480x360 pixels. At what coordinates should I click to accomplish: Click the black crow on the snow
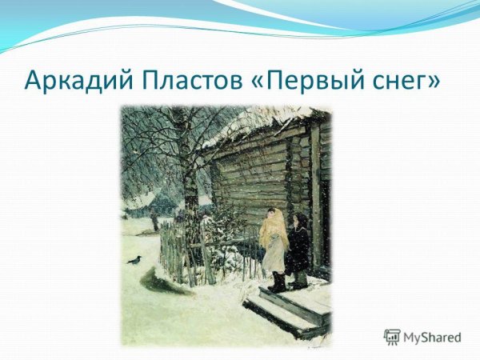tap(134, 259)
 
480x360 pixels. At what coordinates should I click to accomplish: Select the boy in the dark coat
tap(298, 248)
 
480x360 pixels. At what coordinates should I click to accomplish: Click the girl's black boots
tap(277, 282)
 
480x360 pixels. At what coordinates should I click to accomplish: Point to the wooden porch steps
tap(288, 308)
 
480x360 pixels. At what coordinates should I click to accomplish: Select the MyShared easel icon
tap(392, 337)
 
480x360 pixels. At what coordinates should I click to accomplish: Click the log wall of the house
tap(256, 172)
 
